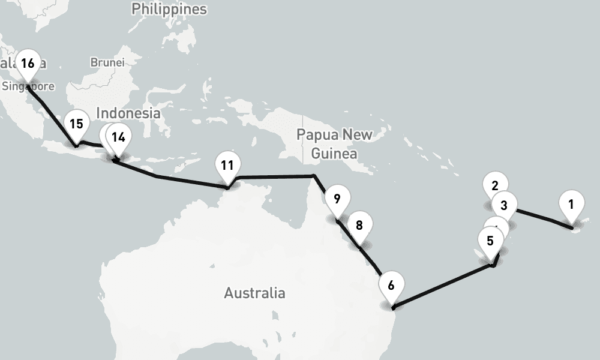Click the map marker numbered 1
point(571,205)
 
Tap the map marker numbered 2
point(495,185)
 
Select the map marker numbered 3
point(504,205)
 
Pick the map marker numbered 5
point(491,241)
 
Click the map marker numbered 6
point(391,286)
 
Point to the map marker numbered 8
point(359,226)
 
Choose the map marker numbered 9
point(337,199)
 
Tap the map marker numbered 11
point(227,165)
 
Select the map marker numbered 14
point(119,137)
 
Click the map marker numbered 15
point(76,124)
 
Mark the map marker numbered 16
point(28,64)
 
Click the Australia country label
point(254,293)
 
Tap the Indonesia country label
point(128,113)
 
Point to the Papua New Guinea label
point(334,144)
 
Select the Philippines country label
point(169,9)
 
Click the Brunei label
point(107,62)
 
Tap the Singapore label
point(28,86)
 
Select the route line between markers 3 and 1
point(543,218)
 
